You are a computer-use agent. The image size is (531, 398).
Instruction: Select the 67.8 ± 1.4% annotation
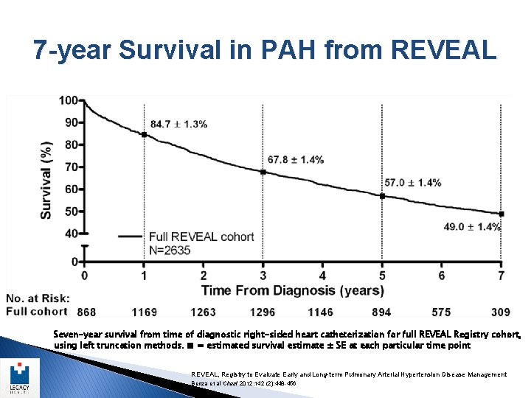296,159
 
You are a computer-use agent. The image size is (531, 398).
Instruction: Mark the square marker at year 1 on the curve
144,134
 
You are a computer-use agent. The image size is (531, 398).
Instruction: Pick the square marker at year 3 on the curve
263,172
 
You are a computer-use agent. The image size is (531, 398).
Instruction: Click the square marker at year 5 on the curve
382,196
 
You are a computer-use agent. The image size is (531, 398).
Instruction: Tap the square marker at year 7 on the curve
501,214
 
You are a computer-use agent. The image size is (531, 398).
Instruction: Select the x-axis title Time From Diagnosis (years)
293,290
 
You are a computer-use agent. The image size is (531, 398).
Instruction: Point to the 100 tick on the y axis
69,100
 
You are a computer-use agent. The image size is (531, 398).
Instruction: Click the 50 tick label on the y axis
71,212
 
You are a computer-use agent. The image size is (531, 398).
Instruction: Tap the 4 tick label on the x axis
322,276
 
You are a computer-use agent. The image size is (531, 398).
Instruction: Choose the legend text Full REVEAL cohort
201,237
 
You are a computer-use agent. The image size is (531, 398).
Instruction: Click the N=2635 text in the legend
170,250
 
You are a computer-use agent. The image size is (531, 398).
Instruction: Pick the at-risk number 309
500,312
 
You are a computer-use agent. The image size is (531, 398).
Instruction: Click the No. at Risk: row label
38,298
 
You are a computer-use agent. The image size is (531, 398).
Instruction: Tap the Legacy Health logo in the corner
20,376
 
